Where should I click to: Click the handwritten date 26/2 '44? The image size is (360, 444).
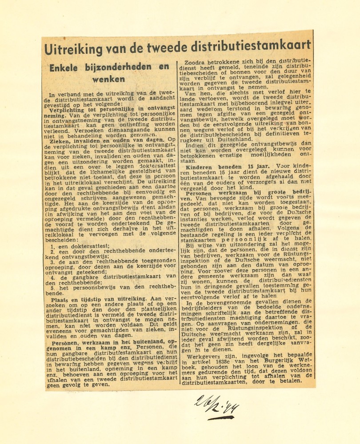point(216,404)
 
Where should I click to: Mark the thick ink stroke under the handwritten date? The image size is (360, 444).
point(221,418)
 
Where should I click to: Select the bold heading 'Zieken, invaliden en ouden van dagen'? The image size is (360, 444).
point(102,139)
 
